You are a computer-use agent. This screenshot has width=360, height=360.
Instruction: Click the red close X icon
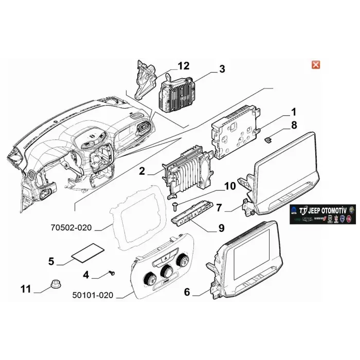[316, 64]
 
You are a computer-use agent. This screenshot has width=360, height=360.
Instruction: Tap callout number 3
[222, 69]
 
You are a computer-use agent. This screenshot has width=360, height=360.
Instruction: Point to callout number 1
[293, 112]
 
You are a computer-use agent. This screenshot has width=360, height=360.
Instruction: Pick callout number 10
[229, 186]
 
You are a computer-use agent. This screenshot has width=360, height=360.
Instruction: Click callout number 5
[51, 261]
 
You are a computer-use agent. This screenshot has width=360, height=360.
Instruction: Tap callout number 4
[86, 275]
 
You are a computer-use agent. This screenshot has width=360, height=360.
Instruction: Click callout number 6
[187, 292]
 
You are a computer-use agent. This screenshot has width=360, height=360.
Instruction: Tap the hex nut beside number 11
[55, 283]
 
